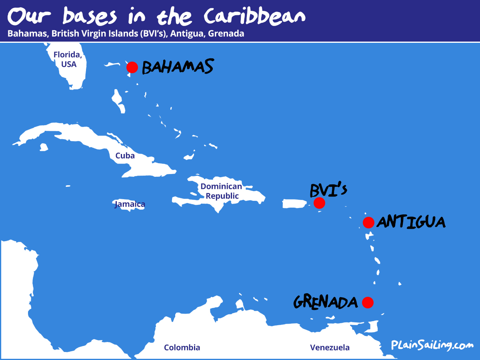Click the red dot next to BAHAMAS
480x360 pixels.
(x=132, y=67)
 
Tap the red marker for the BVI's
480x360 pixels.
(x=319, y=203)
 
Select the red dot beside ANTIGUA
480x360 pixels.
(x=368, y=222)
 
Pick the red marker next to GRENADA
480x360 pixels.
(x=368, y=302)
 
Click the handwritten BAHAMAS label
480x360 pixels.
(x=177, y=67)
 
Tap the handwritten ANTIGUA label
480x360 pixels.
(x=411, y=222)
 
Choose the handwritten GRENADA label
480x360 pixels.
(x=325, y=302)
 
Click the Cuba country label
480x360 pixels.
(x=125, y=156)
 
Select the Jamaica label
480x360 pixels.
(x=130, y=204)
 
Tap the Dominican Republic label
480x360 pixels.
(x=221, y=191)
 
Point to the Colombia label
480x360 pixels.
(x=182, y=347)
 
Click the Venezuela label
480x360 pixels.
(x=330, y=347)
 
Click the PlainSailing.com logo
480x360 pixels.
(x=432, y=345)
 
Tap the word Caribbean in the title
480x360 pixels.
(x=254, y=16)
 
